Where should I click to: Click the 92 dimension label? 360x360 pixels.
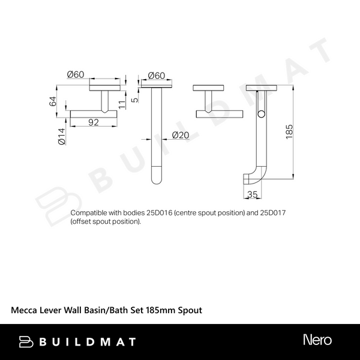(x=94, y=122)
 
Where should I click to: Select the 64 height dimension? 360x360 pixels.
(x=53, y=101)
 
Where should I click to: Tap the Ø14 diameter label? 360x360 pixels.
(x=62, y=136)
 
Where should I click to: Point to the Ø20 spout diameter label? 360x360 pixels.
(x=181, y=135)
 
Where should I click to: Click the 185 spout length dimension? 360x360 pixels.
(x=289, y=131)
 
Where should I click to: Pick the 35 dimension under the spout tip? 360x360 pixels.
(x=253, y=194)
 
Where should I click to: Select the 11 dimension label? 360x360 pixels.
(x=122, y=104)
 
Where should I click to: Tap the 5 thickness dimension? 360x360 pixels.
(x=136, y=100)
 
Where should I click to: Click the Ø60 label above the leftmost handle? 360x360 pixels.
(x=76, y=74)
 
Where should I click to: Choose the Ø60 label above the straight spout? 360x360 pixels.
(x=157, y=76)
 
